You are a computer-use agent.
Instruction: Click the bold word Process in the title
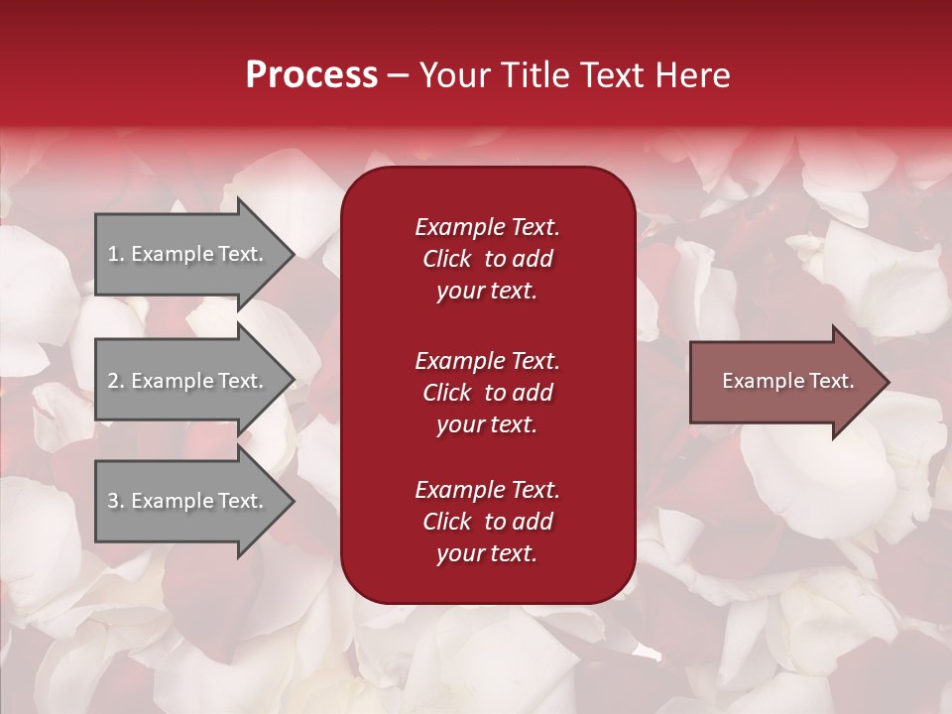pos(311,75)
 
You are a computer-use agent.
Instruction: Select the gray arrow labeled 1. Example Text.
pos(188,254)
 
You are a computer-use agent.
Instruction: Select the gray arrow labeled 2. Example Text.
pos(188,381)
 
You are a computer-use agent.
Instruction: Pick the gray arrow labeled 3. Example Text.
pos(188,501)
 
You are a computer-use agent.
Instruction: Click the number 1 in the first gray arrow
pos(113,254)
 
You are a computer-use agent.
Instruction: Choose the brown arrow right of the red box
pos(783,381)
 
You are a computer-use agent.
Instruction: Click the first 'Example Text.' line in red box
pos(487,227)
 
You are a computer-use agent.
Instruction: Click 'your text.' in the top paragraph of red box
pos(487,292)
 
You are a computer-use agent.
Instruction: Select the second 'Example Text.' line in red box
pos(487,360)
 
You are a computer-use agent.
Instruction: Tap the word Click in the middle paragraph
pos(447,393)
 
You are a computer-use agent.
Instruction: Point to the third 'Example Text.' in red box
pos(487,490)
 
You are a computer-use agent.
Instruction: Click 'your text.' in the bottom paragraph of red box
pos(487,554)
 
